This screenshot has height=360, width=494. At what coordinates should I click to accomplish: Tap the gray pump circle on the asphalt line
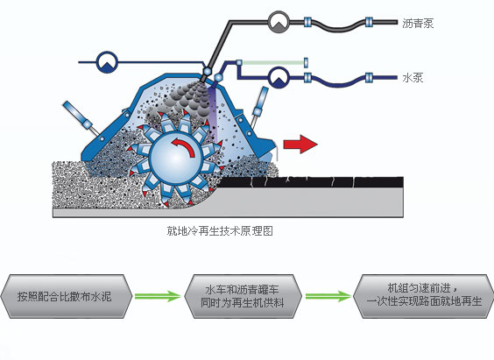(x=279, y=19)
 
